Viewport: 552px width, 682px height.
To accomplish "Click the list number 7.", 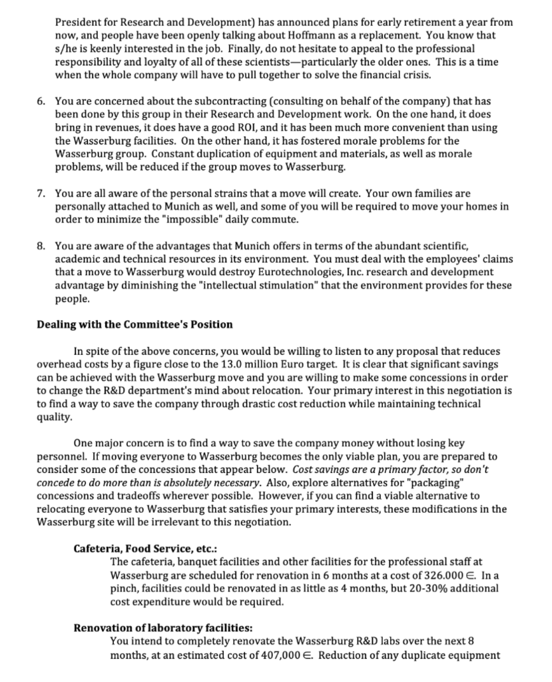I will [41, 194].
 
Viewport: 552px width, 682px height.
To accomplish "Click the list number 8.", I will [41, 248].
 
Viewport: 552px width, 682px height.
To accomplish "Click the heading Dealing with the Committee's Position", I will [134, 324].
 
